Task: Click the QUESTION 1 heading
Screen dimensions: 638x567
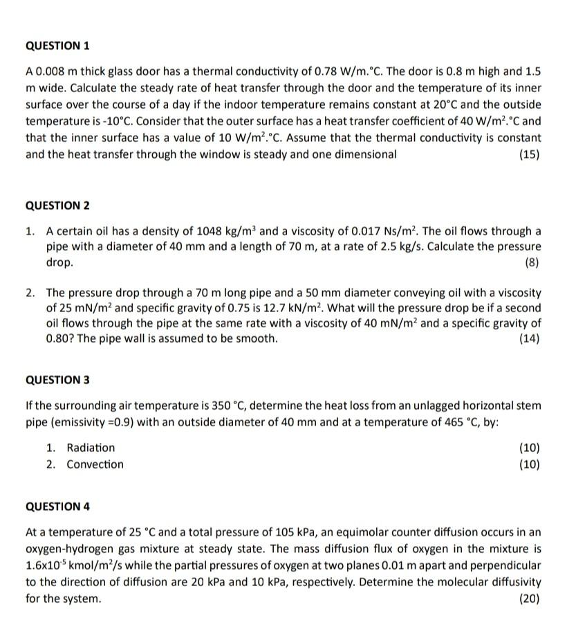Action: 57,46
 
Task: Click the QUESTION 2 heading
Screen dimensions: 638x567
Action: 57,206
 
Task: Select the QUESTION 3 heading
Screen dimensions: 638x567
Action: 57,380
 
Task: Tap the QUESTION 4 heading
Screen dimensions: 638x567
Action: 57,506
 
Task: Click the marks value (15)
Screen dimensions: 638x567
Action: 529,154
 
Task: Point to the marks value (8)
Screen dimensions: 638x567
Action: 532,263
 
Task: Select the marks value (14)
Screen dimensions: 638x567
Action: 529,338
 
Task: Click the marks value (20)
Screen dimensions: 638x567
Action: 529,599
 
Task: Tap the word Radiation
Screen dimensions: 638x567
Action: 91,448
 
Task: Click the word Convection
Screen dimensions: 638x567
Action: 95,464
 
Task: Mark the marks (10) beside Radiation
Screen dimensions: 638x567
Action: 529,448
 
